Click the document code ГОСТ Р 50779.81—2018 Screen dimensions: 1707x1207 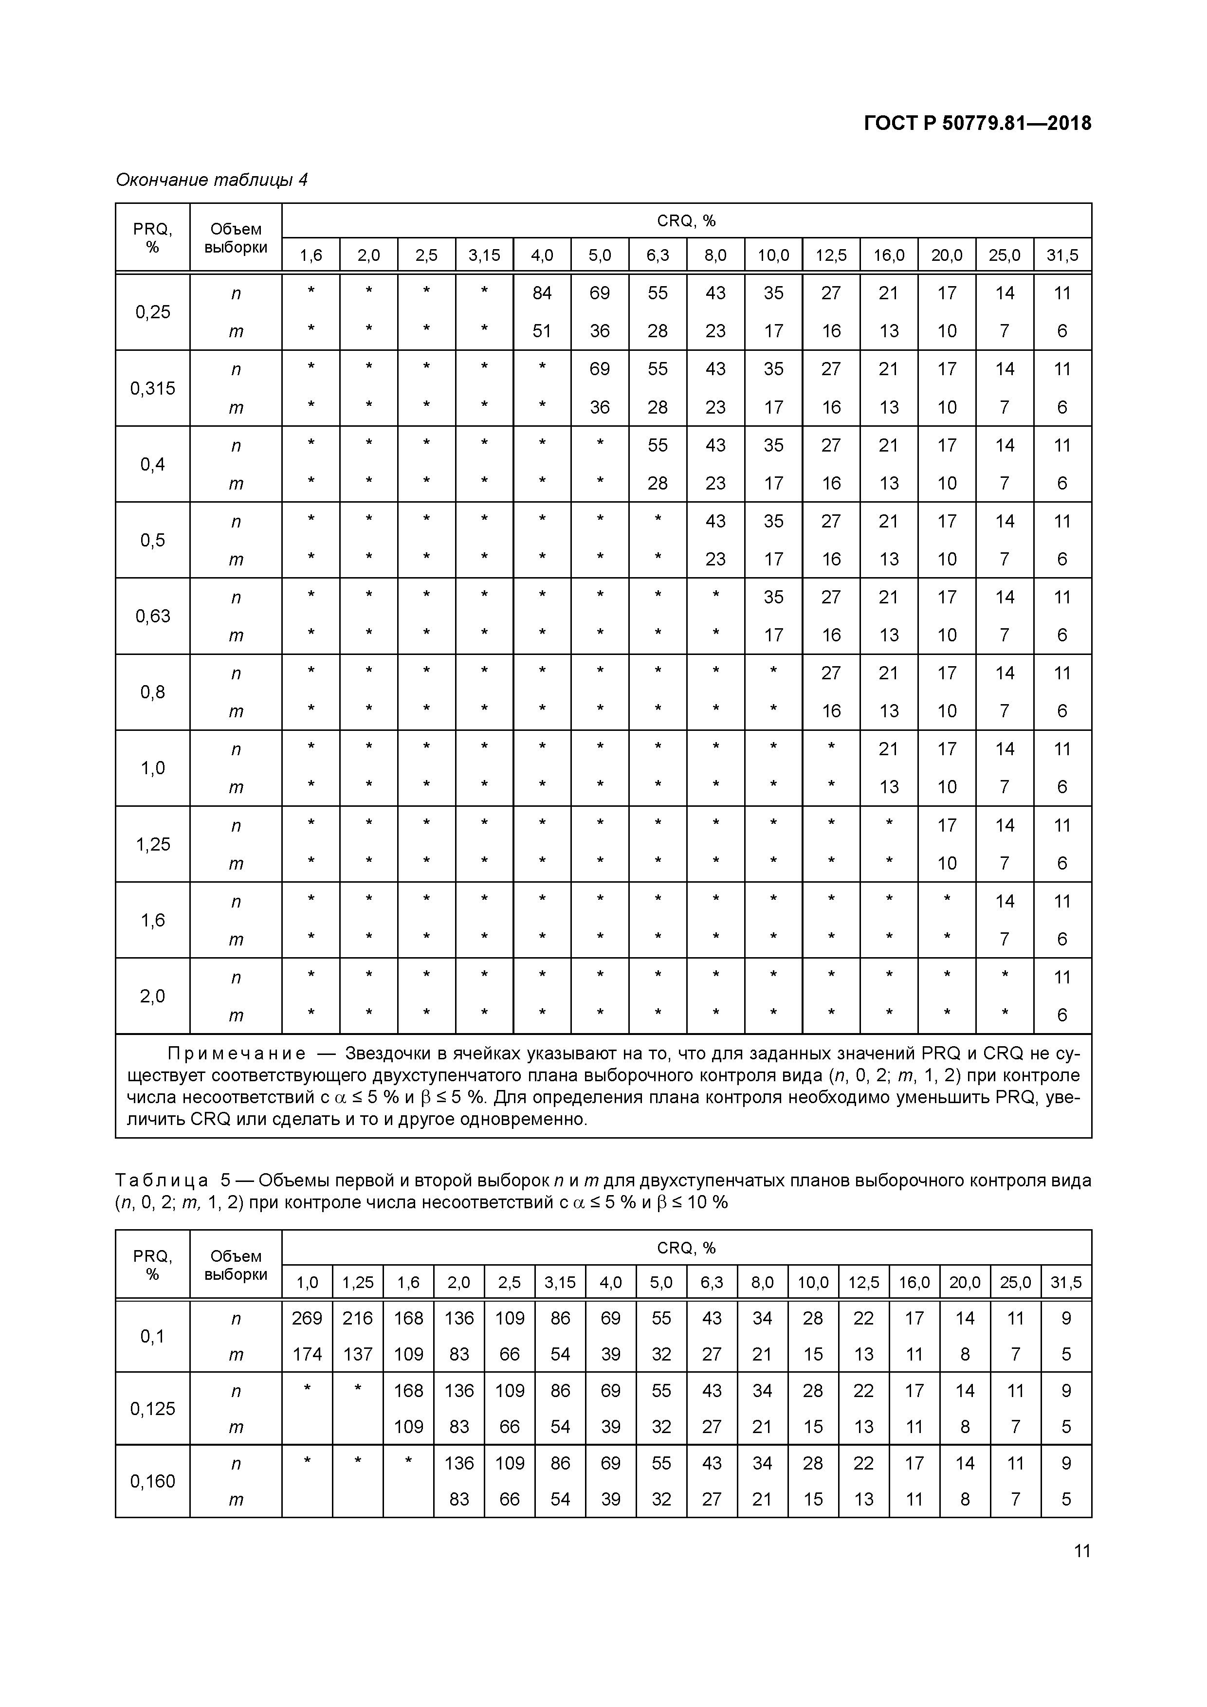pyautogui.click(x=977, y=124)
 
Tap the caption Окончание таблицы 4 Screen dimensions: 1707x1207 pyautogui.click(x=211, y=180)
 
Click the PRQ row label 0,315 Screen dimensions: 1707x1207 pyautogui.click(x=152, y=388)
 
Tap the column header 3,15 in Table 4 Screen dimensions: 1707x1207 pyautogui.click(x=484, y=256)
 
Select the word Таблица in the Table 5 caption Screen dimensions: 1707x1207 pyautogui.click(x=162, y=1180)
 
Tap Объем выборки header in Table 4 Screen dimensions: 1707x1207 pyautogui.click(x=236, y=238)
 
